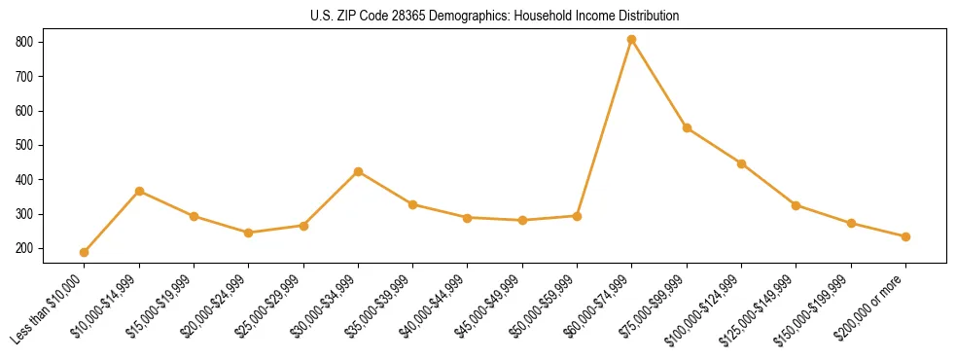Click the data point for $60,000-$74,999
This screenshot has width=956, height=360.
[x=632, y=40]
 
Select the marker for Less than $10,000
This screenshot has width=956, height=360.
[x=85, y=252]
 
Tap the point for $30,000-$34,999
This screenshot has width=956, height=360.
[x=359, y=171]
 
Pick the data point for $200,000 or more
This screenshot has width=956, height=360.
[x=906, y=236]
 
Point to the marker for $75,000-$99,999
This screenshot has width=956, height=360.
[x=687, y=127]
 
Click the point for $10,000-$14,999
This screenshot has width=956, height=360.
[x=139, y=191]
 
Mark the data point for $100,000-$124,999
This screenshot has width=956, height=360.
[x=742, y=163]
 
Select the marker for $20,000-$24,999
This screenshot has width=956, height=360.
[x=249, y=233]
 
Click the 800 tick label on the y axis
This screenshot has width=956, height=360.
[x=25, y=42]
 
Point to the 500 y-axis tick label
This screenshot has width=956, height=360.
[x=25, y=145]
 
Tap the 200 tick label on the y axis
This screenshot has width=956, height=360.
[x=25, y=249]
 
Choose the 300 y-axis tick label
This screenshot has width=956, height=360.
[x=25, y=214]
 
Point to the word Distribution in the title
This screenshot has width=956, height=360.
[x=649, y=17]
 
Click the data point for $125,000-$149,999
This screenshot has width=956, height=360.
[x=797, y=205]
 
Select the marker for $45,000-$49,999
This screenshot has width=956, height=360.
[x=523, y=220]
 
